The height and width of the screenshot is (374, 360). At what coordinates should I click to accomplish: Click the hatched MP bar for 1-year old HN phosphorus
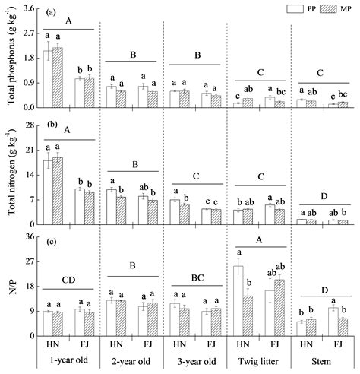point(56,77)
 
